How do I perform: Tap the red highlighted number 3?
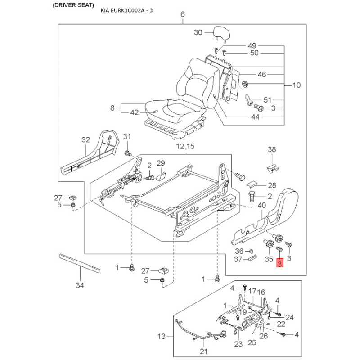[279, 263]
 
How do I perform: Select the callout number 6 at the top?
[183, 14]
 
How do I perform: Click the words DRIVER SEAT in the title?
[73, 5]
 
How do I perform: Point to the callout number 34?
[80, 285]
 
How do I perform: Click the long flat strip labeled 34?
[80, 263]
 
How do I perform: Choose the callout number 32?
[85, 139]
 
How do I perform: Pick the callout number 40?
[262, 205]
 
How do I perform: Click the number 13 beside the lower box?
[162, 336]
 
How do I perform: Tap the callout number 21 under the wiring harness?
[204, 351]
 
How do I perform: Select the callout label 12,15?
[185, 146]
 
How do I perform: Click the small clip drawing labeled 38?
[273, 168]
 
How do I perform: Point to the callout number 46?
[262, 74]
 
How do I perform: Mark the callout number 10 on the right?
[297, 85]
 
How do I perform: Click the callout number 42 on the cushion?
[134, 112]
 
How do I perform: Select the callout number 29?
[161, 163]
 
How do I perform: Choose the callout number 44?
[255, 117]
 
